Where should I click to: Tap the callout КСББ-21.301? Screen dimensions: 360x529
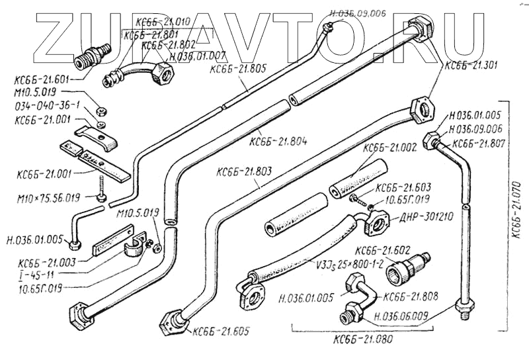coord(471,65)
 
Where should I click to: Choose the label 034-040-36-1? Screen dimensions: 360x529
coord(46,106)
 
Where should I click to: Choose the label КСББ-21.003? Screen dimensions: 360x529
coord(48,263)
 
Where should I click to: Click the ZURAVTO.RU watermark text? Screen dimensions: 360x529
coord(264,36)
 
